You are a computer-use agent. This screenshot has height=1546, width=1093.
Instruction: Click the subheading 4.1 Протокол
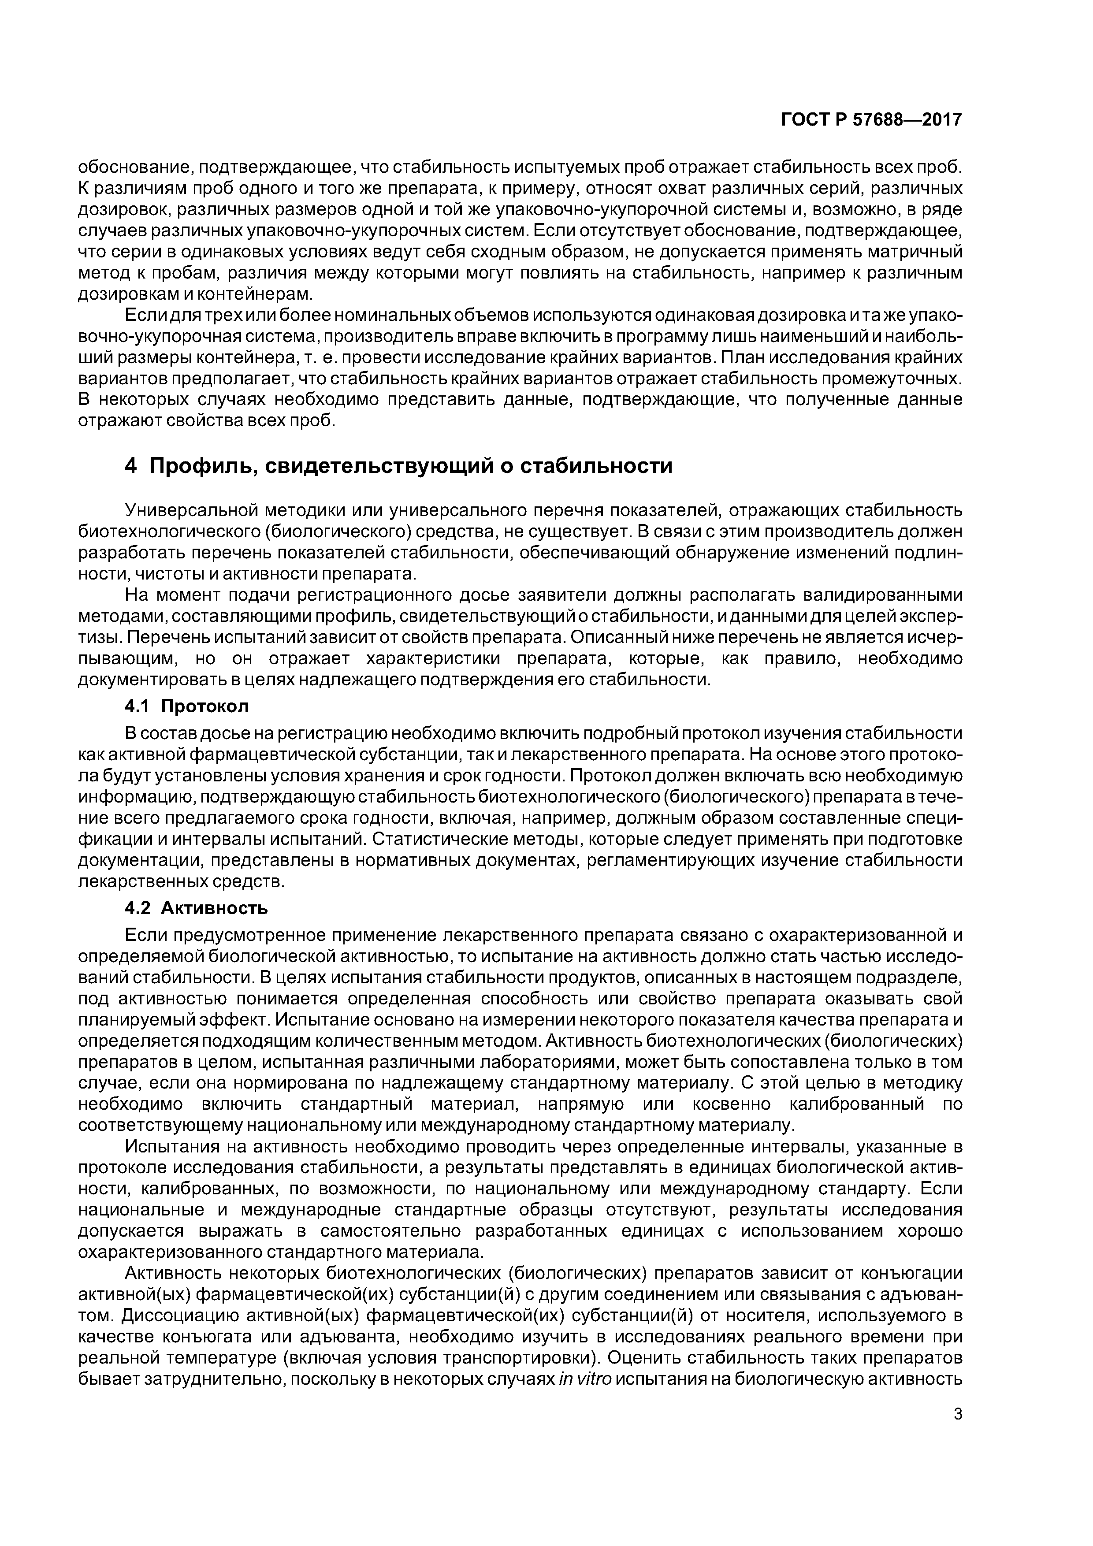186,706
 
